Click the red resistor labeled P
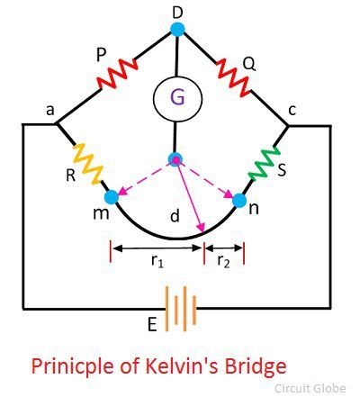[117, 74]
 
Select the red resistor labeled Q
[233, 77]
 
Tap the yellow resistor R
[88, 164]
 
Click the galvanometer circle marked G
[177, 98]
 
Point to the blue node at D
[177, 29]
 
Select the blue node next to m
[112, 197]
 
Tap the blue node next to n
[239, 201]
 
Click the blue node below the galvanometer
[175, 159]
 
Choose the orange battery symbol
[181, 309]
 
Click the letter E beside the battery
[152, 324]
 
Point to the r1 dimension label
[157, 260]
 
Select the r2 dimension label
[223, 260]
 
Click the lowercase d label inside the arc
[175, 215]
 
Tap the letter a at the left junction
[50, 110]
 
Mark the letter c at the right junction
[292, 110]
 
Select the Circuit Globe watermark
[310, 388]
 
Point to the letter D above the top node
[177, 13]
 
